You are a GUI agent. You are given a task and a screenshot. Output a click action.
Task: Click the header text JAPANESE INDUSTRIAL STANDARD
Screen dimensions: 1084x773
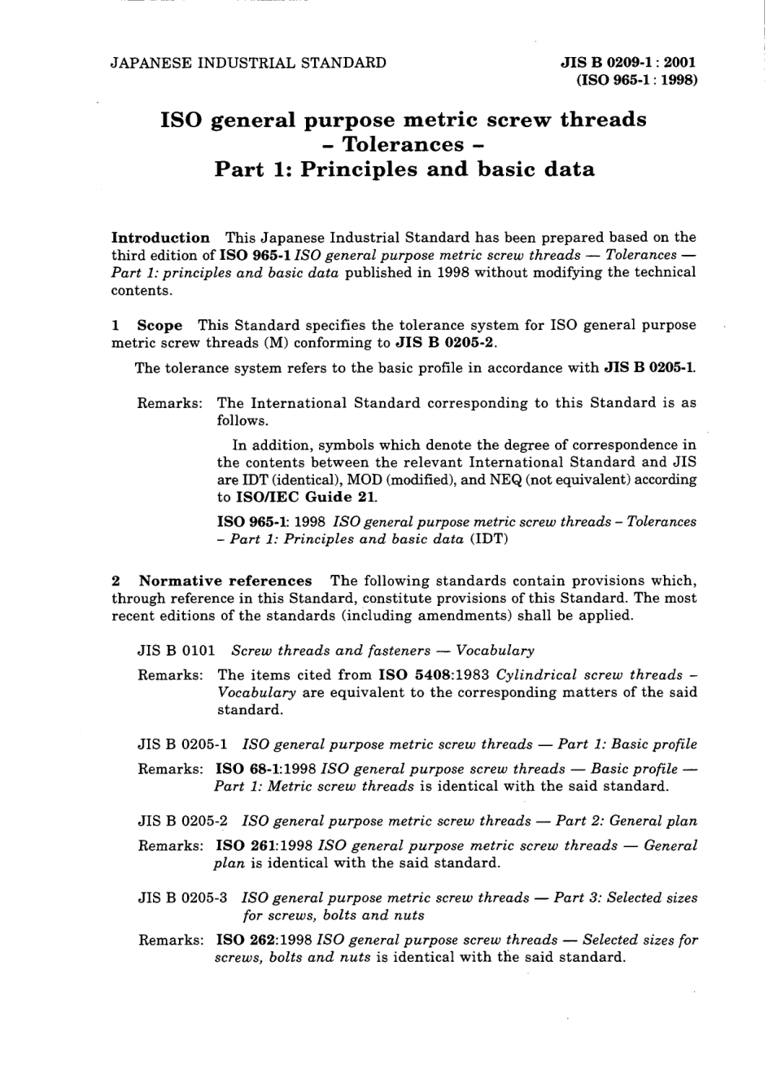(x=248, y=63)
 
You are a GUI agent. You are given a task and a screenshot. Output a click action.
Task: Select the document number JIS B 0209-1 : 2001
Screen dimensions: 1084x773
(x=627, y=63)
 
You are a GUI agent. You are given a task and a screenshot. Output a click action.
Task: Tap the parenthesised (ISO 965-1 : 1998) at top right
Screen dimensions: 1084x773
(x=636, y=80)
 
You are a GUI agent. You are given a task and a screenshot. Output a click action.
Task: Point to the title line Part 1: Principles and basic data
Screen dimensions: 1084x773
(x=404, y=169)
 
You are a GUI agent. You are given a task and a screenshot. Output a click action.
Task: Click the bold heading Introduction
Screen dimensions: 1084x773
(x=160, y=238)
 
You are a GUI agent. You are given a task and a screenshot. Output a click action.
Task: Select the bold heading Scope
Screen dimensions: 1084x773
(x=159, y=326)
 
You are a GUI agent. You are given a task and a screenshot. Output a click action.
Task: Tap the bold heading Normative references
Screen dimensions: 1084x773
(x=225, y=581)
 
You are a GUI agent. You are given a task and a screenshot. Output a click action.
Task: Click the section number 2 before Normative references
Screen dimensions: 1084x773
(x=116, y=581)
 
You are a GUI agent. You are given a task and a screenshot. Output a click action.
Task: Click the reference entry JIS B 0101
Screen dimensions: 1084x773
(x=177, y=651)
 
